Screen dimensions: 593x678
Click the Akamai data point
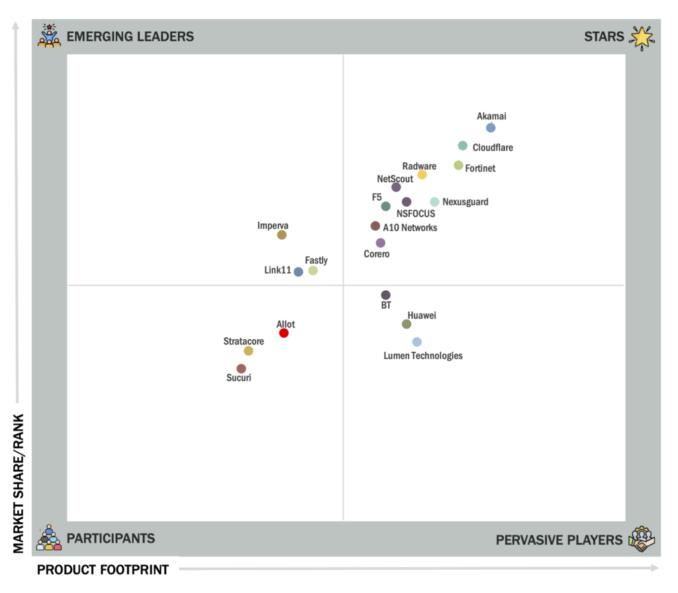491,128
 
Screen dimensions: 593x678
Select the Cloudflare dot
463,146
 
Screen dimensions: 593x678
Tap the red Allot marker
284,333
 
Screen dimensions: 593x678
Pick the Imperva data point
281,235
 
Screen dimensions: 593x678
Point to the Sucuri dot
241,368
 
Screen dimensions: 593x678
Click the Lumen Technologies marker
416,342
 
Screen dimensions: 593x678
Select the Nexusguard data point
434,202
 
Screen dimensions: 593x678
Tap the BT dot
386,295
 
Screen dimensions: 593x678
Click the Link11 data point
299,272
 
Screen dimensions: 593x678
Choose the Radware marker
422,175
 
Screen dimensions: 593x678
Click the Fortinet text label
480,168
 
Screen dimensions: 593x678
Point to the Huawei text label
422,315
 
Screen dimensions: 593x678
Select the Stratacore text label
244,342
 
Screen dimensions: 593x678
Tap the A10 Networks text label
410,228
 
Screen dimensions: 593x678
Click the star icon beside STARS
641,37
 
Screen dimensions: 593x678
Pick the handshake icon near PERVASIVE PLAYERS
641,539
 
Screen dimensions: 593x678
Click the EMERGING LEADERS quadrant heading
130,36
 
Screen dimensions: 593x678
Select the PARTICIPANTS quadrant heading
111,539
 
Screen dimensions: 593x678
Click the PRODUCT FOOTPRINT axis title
103,569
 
